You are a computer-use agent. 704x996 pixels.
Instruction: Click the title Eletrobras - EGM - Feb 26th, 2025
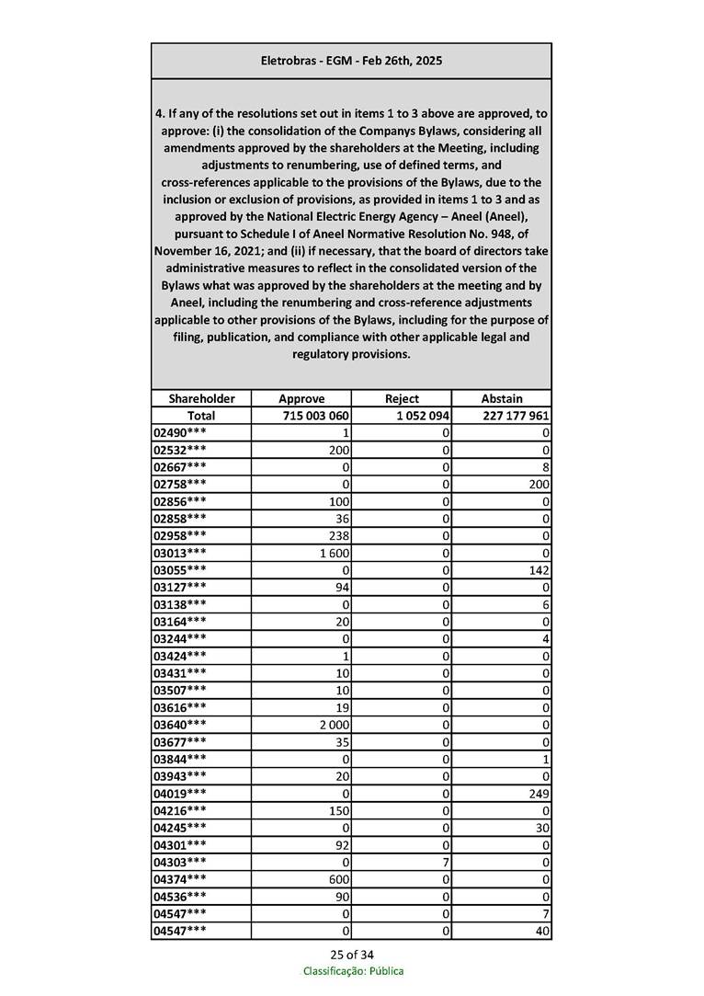(x=351, y=61)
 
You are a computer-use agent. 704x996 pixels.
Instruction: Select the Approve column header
(x=301, y=398)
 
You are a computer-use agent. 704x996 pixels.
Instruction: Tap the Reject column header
(x=402, y=398)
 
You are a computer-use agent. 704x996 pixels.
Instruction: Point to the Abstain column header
(x=502, y=398)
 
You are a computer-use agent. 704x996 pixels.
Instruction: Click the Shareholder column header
(x=201, y=398)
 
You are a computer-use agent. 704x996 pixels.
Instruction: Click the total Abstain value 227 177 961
(x=515, y=416)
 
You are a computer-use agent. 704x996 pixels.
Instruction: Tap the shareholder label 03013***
(x=180, y=552)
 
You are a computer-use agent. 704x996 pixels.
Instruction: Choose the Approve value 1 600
(x=336, y=552)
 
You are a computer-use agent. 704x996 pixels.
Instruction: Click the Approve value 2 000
(x=335, y=724)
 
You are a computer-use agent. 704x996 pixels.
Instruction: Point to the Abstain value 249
(x=539, y=792)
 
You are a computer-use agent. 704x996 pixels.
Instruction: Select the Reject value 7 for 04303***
(x=445, y=861)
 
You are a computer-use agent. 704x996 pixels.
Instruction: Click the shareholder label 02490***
(x=180, y=432)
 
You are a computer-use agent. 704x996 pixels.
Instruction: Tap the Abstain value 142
(x=539, y=569)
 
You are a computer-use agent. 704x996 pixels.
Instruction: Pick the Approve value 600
(x=340, y=878)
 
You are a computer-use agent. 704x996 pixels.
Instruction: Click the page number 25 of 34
(x=352, y=954)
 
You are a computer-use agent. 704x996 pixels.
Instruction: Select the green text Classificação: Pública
(x=353, y=971)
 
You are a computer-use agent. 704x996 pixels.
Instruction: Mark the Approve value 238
(x=340, y=535)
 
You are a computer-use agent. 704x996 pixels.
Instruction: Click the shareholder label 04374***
(x=180, y=878)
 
